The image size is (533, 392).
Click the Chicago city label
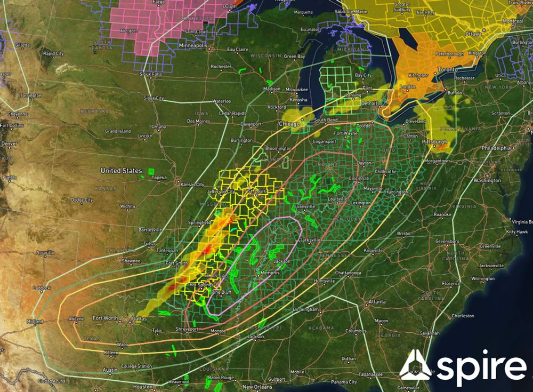[289, 123]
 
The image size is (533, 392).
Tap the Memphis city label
[270, 273]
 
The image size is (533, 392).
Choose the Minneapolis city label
[193, 46]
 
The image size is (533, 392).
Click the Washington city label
[487, 180]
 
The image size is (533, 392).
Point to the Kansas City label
[192, 184]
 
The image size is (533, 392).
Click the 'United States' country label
[121, 171]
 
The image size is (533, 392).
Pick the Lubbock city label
[42, 288]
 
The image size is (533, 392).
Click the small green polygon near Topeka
[150, 172]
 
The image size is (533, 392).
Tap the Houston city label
[143, 387]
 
